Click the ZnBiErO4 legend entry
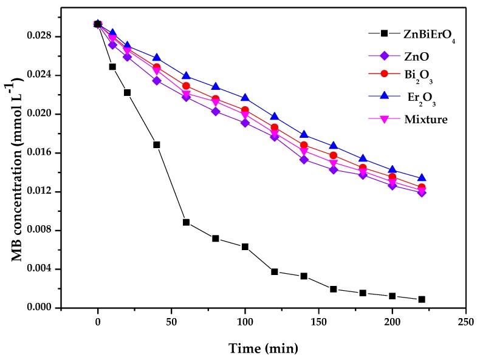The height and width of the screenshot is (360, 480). [x=429, y=34]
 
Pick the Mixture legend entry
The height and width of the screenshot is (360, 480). [x=425, y=120]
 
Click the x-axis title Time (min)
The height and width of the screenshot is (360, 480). [x=263, y=348]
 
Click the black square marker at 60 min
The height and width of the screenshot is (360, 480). [x=186, y=222]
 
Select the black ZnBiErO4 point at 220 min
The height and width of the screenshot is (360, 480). [x=422, y=299]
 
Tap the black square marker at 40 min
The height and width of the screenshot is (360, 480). [x=157, y=144]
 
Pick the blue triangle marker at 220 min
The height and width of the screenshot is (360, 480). [x=422, y=178]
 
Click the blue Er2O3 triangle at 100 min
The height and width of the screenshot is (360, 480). [x=245, y=98]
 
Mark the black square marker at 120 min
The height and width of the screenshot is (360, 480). [x=275, y=271]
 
